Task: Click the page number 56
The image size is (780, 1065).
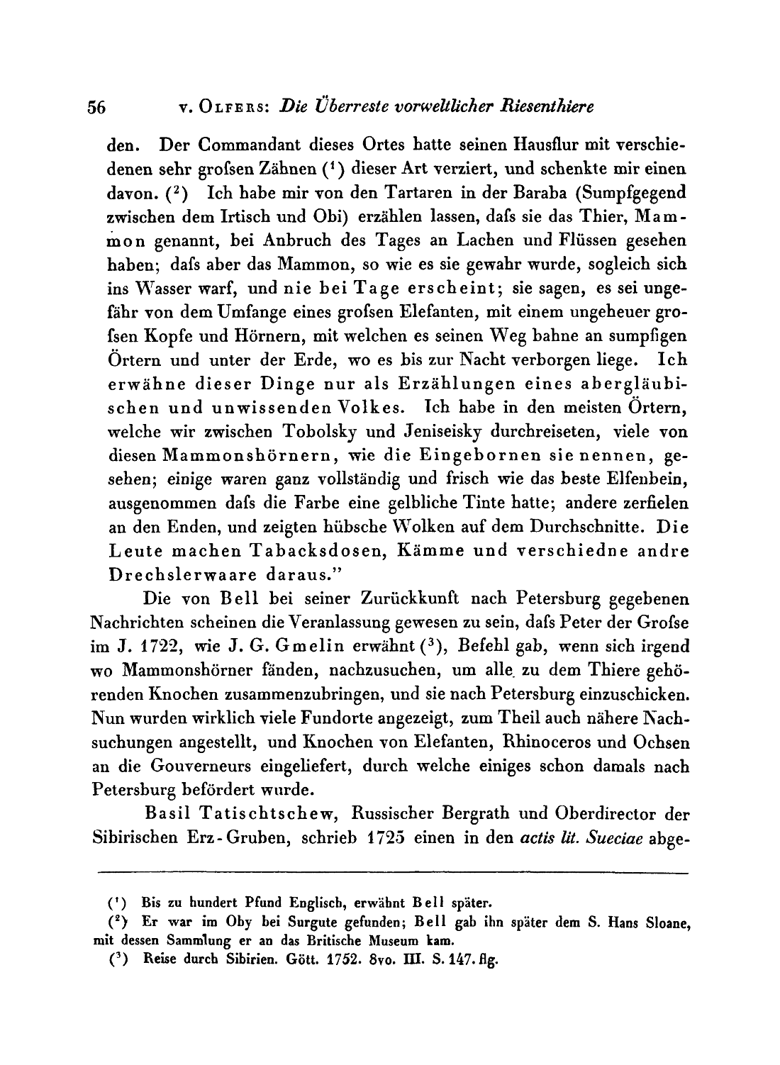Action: point(96,108)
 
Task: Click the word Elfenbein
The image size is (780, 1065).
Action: point(646,479)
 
